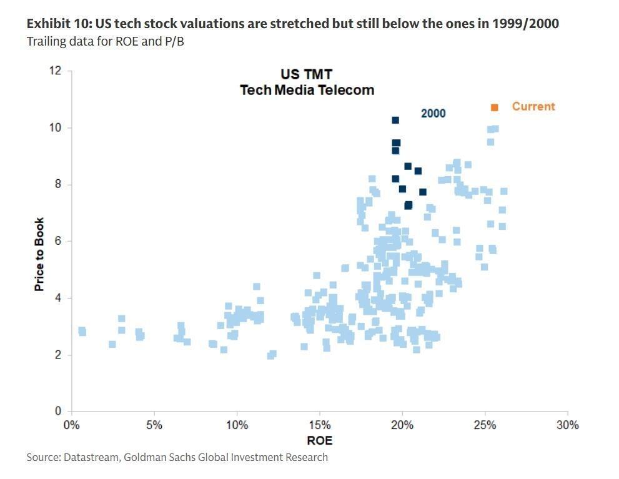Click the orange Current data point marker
click(494, 107)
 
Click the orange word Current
click(533, 106)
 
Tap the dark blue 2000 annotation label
click(433, 113)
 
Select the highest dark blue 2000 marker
click(395, 120)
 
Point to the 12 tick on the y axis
click(56, 71)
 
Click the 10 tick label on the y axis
click(56, 127)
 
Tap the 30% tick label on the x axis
click(567, 425)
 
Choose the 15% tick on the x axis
click(319, 425)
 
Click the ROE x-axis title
click(319, 441)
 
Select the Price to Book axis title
click(39, 254)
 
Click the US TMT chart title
click(307, 75)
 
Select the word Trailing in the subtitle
click(46, 41)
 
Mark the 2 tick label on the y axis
click(58, 355)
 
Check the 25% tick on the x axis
click(485, 425)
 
